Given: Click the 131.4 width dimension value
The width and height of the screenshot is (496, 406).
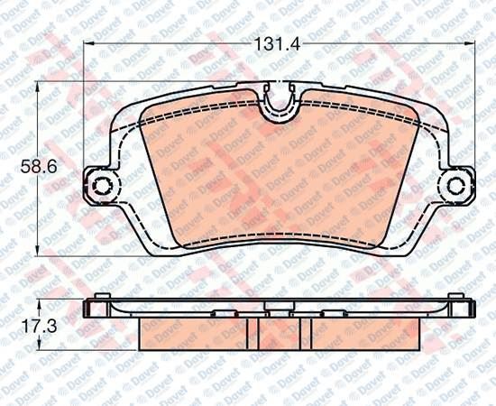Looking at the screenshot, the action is tap(277, 44).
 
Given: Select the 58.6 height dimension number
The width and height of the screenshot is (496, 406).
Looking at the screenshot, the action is tap(39, 166).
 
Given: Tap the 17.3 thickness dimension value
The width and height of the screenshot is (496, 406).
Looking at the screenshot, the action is tap(39, 326).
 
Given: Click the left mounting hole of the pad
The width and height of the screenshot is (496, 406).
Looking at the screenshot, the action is tap(102, 186).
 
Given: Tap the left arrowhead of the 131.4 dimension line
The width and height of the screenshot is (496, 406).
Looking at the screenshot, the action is tap(89, 44).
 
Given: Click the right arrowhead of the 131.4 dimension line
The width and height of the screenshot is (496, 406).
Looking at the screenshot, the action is tap(471, 44).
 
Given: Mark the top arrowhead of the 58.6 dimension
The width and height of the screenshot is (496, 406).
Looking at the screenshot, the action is tap(38, 87).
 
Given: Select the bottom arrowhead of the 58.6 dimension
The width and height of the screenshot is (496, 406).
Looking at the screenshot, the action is tap(38, 250).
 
